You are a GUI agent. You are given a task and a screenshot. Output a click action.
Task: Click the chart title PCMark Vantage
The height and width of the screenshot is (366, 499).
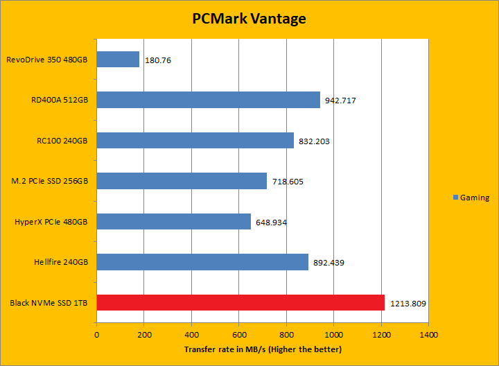[249, 19]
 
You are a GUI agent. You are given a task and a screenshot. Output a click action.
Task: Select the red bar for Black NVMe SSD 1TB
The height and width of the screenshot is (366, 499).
[240, 302]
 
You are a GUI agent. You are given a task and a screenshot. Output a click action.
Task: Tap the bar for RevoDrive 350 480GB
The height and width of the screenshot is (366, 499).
[118, 60]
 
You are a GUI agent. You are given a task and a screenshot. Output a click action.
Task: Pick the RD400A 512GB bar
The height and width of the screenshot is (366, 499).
[208, 100]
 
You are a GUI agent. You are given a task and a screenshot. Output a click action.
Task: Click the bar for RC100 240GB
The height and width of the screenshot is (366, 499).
[195, 141]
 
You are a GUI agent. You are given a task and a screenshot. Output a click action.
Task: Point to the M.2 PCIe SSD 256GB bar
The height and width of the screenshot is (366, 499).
[182, 181]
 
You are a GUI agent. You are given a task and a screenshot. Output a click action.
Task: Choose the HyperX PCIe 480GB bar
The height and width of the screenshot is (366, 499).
[173, 222]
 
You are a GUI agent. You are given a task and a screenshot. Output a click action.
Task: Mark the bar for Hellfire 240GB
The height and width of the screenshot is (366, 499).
[202, 262]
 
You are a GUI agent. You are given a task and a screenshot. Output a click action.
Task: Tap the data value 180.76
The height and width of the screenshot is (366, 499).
[158, 60]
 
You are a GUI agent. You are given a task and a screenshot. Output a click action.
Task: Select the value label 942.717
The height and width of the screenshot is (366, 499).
[341, 101]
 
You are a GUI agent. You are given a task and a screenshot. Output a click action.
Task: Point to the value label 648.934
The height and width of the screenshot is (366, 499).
[271, 223]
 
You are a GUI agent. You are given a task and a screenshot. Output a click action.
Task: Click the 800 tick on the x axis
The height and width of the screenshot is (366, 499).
[286, 334]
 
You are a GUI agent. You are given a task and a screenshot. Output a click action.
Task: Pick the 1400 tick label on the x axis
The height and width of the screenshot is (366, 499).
[428, 334]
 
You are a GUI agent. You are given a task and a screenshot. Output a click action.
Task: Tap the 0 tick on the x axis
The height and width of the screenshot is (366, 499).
[96, 334]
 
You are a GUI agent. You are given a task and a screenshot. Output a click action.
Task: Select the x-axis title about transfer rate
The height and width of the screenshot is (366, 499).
[262, 349]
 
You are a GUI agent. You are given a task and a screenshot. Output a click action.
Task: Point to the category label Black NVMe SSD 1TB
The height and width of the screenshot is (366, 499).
[49, 303]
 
